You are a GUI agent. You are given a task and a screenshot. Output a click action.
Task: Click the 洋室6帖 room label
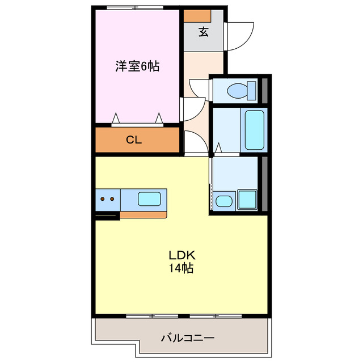pyautogui.click(x=137, y=66)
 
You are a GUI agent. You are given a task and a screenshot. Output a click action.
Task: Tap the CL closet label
pyautogui.click(x=134, y=140)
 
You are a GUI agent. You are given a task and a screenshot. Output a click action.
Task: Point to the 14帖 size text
pyautogui.click(x=180, y=268)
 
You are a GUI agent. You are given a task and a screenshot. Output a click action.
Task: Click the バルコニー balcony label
pyautogui.click(x=188, y=338)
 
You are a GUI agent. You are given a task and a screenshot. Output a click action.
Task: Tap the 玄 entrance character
pyautogui.click(x=203, y=32)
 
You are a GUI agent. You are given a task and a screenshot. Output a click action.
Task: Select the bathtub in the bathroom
pyautogui.click(x=254, y=129)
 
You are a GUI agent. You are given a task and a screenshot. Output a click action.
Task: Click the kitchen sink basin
pyautogui.click(x=150, y=199)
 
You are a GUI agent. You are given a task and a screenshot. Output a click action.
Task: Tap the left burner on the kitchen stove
pyautogui.click(x=103, y=199)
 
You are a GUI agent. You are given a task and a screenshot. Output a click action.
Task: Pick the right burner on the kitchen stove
pyautogui.click(x=112, y=199)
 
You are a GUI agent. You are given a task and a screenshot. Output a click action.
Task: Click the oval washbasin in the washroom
pyautogui.click(x=223, y=201)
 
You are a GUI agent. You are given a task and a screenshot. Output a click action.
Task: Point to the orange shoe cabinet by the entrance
pyautogui.click(x=197, y=15)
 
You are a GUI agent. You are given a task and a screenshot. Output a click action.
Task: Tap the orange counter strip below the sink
pyautogui.click(x=143, y=214)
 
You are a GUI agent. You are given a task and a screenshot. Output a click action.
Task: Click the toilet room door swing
pyautogui.click(x=199, y=86)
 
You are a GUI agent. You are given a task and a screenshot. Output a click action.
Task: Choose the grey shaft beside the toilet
pyautogui.click(x=264, y=90)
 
